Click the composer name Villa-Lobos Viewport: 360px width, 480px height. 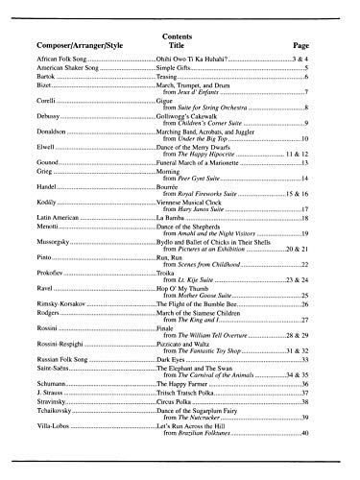(55, 397)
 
